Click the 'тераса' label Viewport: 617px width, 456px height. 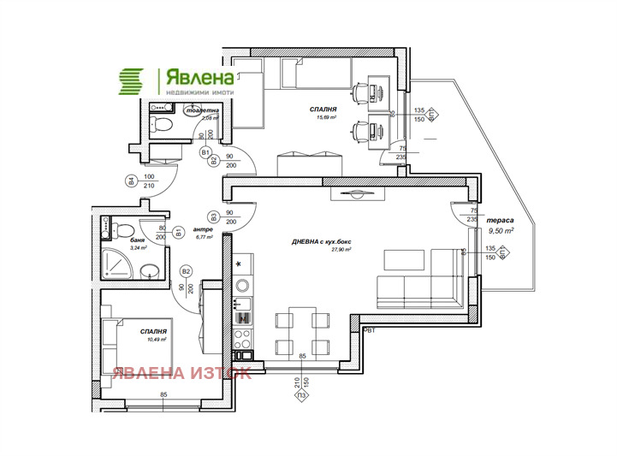pyautogui.click(x=501, y=219)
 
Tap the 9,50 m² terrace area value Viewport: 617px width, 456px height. pyautogui.click(x=501, y=231)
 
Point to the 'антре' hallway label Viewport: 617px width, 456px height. pyautogui.click(x=202, y=228)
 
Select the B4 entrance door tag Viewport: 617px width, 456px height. pyautogui.click(x=131, y=181)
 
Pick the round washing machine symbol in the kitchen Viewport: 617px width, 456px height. pyautogui.click(x=243, y=285)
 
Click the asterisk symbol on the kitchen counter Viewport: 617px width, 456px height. pyautogui.click(x=240, y=263)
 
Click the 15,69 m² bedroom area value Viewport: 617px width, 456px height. pyautogui.click(x=327, y=118)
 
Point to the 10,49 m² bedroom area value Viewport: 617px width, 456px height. pyautogui.click(x=154, y=339)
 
